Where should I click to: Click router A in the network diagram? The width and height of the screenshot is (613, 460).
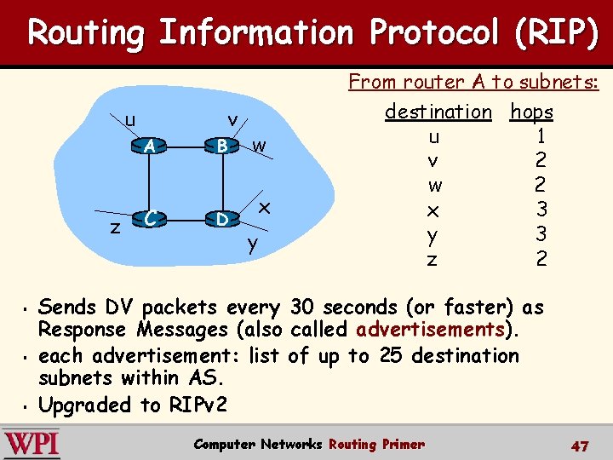pyautogui.click(x=150, y=147)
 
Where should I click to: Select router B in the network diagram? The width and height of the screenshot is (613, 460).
pyautogui.click(x=222, y=147)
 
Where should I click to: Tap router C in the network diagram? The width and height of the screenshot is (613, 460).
pyautogui.click(x=150, y=220)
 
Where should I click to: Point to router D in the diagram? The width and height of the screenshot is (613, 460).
pyautogui.click(x=222, y=220)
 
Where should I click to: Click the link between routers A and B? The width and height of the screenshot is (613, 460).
pyautogui.click(x=186, y=147)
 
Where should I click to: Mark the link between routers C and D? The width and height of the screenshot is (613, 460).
pyautogui.click(x=186, y=220)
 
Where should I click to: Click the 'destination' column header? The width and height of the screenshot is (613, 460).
pyautogui.click(x=438, y=112)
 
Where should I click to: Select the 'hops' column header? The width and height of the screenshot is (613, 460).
pyautogui.click(x=531, y=112)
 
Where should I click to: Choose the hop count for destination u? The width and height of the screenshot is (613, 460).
pyautogui.click(x=541, y=135)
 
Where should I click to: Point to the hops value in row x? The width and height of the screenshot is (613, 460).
pyautogui.click(x=541, y=209)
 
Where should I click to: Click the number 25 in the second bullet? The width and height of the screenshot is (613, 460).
pyautogui.click(x=391, y=355)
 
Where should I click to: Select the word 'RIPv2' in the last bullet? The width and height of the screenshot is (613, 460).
pyautogui.click(x=199, y=405)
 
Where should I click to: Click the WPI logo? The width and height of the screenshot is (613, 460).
pyautogui.click(x=32, y=445)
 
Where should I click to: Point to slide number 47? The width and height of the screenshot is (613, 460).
pyautogui.click(x=579, y=446)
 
